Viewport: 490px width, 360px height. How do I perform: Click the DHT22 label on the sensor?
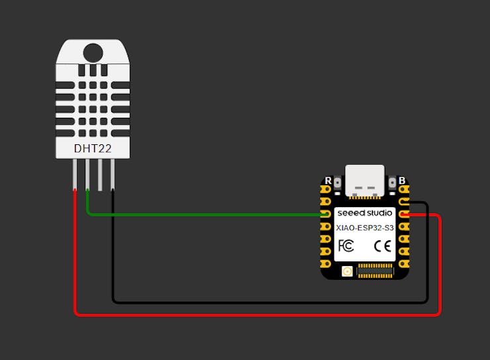92,150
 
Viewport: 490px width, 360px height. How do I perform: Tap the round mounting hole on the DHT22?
93,52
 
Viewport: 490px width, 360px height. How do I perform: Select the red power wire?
252,315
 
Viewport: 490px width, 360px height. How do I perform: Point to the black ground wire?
265,302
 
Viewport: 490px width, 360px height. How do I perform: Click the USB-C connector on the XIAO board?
364,181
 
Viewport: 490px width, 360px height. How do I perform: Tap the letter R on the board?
328,181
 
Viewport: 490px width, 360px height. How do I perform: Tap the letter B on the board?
401,181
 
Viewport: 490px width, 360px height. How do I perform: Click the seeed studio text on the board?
365,213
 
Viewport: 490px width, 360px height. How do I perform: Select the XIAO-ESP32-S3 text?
365,228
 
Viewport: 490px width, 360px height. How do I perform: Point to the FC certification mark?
346,246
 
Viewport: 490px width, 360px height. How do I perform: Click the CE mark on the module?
383,246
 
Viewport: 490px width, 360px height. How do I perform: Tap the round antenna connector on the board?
347,271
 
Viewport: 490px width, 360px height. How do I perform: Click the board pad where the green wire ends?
326,214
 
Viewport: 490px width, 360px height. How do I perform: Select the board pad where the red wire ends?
404,214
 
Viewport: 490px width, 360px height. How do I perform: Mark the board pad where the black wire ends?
404,202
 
